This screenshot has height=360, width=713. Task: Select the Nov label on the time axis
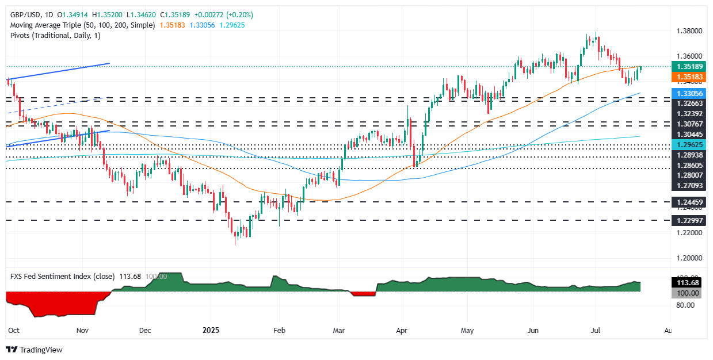(82, 331)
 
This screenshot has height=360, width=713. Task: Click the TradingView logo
(34, 350)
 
